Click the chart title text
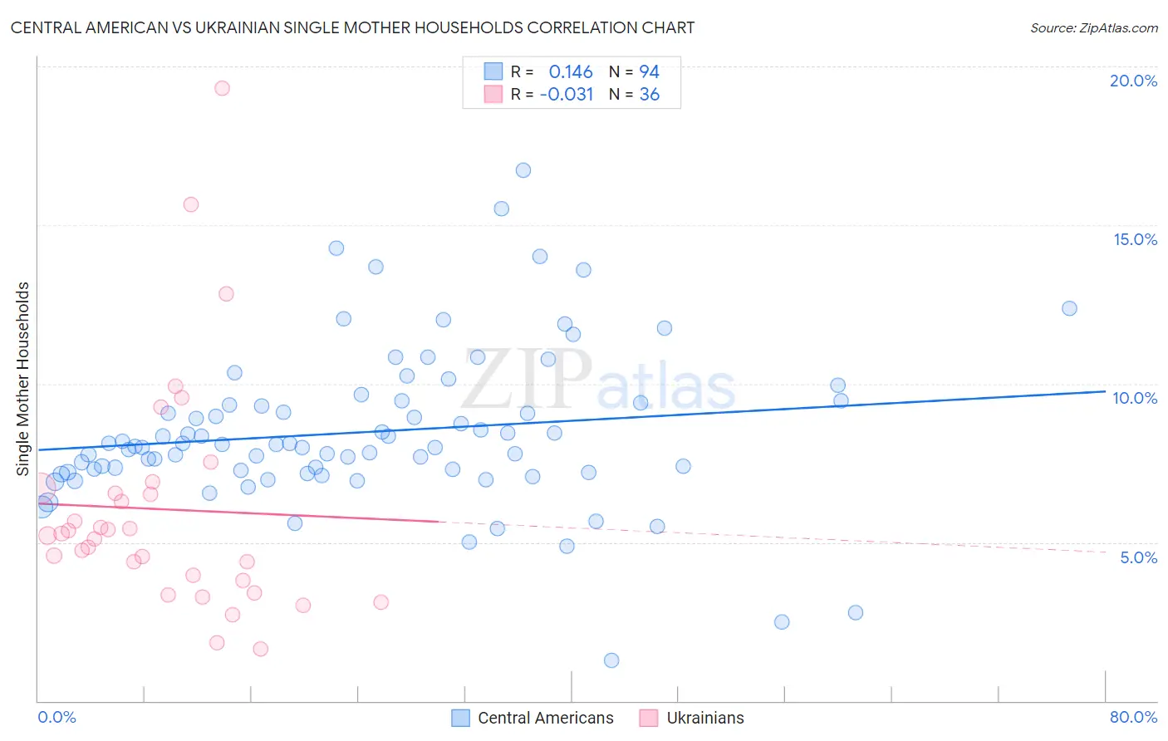[352, 27]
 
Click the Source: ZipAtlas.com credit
[1093, 28]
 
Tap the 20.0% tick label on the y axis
[1133, 81]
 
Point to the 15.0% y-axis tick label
[1135, 239]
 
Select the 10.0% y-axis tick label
[1135, 398]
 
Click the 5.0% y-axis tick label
[1138, 557]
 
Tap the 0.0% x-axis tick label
[56, 717]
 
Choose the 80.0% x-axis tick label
[1133, 717]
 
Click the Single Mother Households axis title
[23, 379]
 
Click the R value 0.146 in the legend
[571, 72]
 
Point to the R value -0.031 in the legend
[567, 95]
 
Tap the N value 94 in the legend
[649, 72]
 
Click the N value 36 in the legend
[649, 95]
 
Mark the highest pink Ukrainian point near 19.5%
[222, 88]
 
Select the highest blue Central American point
[523, 170]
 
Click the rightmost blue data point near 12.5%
[1069, 308]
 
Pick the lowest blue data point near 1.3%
[611, 660]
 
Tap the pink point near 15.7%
[191, 204]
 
